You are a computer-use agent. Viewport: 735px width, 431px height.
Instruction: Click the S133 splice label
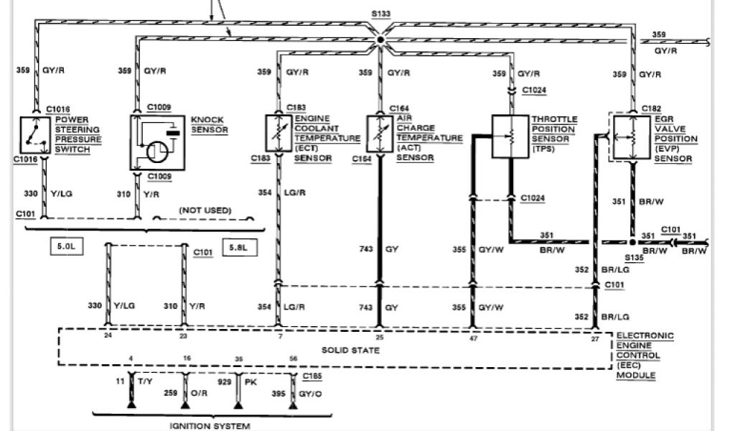[x=381, y=14]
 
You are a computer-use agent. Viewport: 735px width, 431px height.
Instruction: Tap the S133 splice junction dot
[x=381, y=41]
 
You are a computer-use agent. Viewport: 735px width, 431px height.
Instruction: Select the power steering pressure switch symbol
[x=34, y=134]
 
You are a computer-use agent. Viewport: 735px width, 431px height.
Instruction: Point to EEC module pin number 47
[x=472, y=336]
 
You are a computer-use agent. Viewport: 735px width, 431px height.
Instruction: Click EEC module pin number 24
[x=108, y=336]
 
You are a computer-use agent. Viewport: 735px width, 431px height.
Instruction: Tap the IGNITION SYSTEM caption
[x=210, y=426]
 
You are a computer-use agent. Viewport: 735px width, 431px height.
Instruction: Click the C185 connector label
[x=312, y=376]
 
